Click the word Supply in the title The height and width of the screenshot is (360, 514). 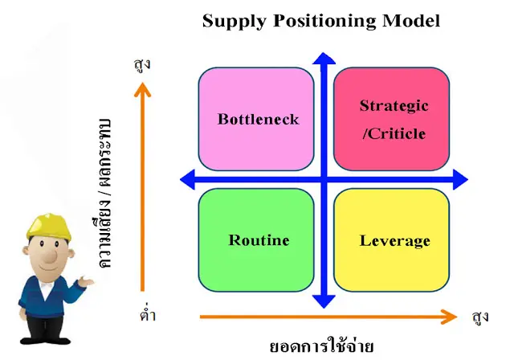231,21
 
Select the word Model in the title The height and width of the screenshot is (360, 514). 410,21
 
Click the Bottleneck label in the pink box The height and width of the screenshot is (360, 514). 257,119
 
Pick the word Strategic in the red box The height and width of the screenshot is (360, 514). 394,106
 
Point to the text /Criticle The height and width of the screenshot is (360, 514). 394,133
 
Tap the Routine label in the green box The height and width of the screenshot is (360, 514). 259,240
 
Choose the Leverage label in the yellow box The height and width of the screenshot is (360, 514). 394,240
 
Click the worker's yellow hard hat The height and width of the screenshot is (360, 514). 49,224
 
